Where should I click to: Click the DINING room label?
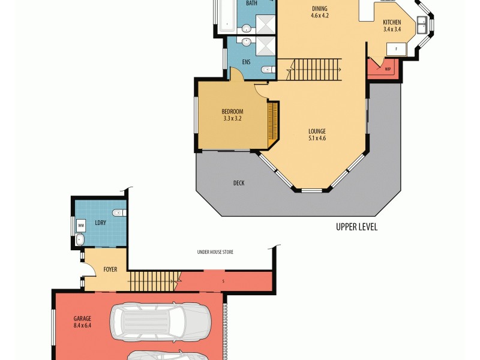pyautogui.click(x=320, y=8)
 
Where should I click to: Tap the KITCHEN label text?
pyautogui.click(x=392, y=22)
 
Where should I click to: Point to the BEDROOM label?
pyautogui.click(x=232, y=111)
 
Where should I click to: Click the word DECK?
pyautogui.click(x=239, y=183)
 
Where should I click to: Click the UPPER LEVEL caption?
pyautogui.click(x=356, y=227)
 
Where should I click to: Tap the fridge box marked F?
pyautogui.click(x=396, y=49)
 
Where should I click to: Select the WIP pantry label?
pyautogui.click(x=388, y=68)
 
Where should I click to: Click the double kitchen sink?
pyautogui.click(x=422, y=25)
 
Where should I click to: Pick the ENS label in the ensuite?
pyautogui.click(x=246, y=62)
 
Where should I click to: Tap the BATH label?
pyautogui.click(x=251, y=4)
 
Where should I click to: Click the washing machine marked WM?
pyautogui.click(x=80, y=226)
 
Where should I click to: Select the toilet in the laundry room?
pyautogui.click(x=119, y=212)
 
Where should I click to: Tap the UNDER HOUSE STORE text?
pyautogui.click(x=215, y=252)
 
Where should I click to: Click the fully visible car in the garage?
pyautogui.click(x=160, y=320)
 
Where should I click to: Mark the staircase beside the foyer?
pyautogui.click(x=155, y=278)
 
